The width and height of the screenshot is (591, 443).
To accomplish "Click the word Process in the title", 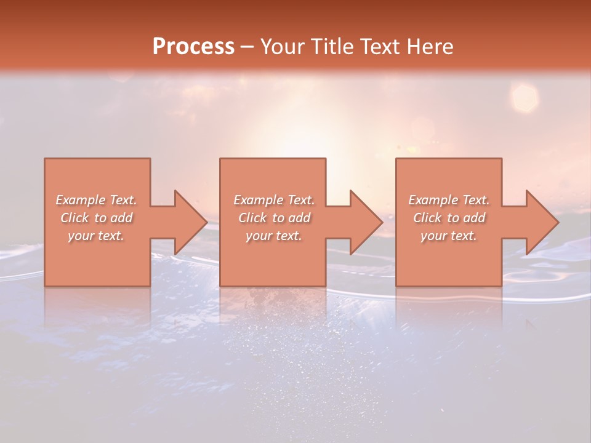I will click(x=193, y=47).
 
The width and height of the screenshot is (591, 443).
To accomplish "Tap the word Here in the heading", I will click(x=430, y=47).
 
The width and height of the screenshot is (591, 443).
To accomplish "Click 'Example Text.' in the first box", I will click(x=96, y=200).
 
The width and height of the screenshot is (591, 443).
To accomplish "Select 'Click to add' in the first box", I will click(x=96, y=218).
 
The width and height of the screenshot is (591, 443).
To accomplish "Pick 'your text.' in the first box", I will click(x=96, y=236).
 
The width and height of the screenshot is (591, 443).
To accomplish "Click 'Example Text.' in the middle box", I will click(x=274, y=200).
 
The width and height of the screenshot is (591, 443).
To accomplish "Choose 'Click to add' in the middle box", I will click(x=274, y=218).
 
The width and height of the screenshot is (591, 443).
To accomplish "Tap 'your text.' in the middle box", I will click(x=274, y=236).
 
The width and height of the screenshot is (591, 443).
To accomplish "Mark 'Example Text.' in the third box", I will click(x=449, y=200).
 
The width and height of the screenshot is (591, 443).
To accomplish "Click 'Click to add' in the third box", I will click(x=449, y=218).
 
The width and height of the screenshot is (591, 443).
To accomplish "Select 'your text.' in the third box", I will click(x=449, y=236).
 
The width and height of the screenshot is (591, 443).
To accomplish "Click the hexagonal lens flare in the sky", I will click(x=525, y=97).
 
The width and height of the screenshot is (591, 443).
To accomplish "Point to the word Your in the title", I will click(x=281, y=47).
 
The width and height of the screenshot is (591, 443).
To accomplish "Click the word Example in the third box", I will click(x=433, y=200).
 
